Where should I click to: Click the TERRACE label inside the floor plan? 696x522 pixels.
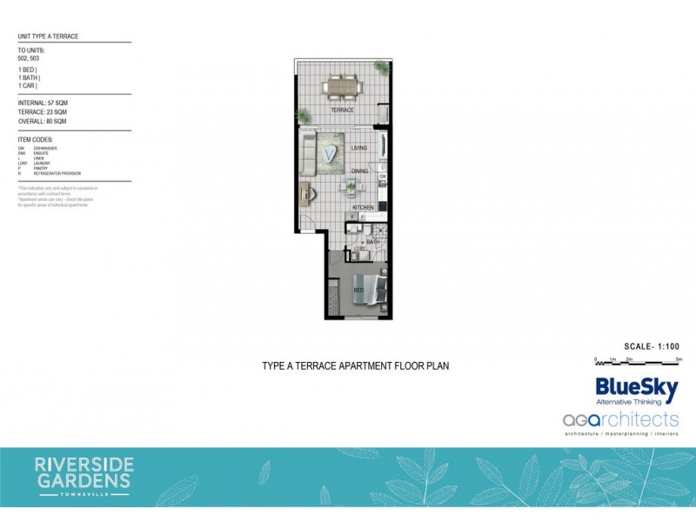(x=342, y=110)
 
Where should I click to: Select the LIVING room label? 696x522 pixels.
(x=359, y=148)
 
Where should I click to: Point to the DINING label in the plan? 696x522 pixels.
(x=359, y=171)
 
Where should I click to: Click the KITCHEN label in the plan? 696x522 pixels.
(x=363, y=207)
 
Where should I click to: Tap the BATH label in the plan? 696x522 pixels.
(x=372, y=242)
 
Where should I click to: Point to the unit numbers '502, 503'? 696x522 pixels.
(x=30, y=58)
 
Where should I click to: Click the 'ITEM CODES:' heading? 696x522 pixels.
(x=36, y=139)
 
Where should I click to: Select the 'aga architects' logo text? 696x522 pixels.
(x=619, y=420)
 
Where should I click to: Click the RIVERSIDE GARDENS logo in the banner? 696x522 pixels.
(x=83, y=472)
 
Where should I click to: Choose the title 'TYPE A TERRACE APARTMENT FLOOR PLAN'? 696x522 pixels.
(x=356, y=366)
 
